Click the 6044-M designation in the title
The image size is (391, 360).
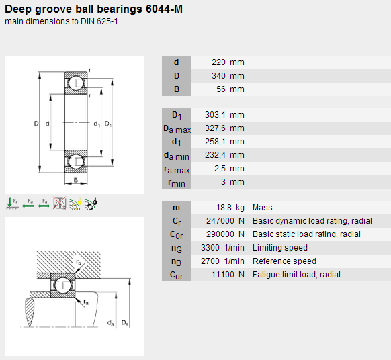pyautogui.click(x=164, y=9)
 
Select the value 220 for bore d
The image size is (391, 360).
pyautogui.click(x=218, y=62)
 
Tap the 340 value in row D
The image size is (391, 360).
pyautogui.click(x=218, y=76)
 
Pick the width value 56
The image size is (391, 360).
pyautogui.click(x=221, y=89)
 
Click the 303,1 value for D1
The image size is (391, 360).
pyautogui.click(x=215, y=115)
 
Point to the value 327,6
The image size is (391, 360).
pyautogui.click(x=215, y=128)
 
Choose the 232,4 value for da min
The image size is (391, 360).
pyautogui.click(x=215, y=155)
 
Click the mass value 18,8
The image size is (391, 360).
pyautogui.click(x=224, y=208)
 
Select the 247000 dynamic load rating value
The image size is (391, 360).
pyautogui.click(x=217, y=221)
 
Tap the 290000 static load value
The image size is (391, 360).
pyautogui.click(x=217, y=234)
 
